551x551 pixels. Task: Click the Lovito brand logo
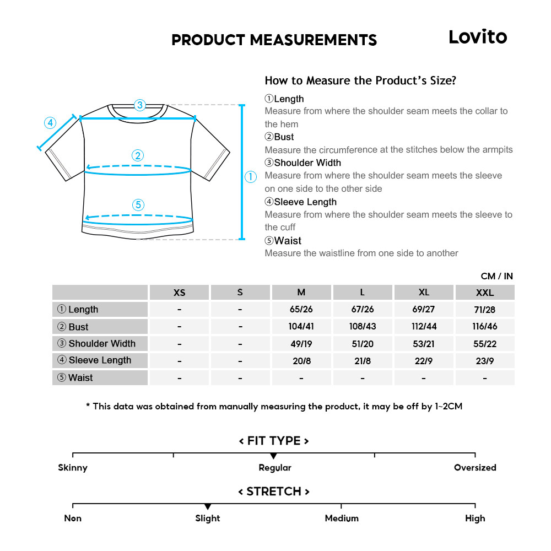tap(477, 37)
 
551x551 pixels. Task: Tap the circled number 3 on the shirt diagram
tap(139, 105)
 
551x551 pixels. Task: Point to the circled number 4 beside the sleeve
tap(50, 122)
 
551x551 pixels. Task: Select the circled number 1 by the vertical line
tap(250, 177)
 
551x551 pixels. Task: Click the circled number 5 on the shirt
tap(138, 205)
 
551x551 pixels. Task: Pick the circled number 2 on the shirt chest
tap(138, 155)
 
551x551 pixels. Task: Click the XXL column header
tap(485, 293)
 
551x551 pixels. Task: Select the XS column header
tap(179, 293)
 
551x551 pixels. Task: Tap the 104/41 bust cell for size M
tap(301, 326)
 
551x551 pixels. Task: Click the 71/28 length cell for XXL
tap(485, 310)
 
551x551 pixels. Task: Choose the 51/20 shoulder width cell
tap(362, 344)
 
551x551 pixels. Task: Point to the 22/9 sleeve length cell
tap(423, 361)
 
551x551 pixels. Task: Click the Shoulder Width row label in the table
tap(97, 344)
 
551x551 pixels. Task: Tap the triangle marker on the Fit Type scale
tap(273, 456)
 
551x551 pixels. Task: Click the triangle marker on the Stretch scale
tap(208, 506)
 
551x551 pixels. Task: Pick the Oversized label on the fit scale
tap(475, 468)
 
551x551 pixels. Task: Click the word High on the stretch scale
tap(475, 518)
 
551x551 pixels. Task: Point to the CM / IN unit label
tap(496, 276)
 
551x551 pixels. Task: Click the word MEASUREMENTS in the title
tap(313, 40)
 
